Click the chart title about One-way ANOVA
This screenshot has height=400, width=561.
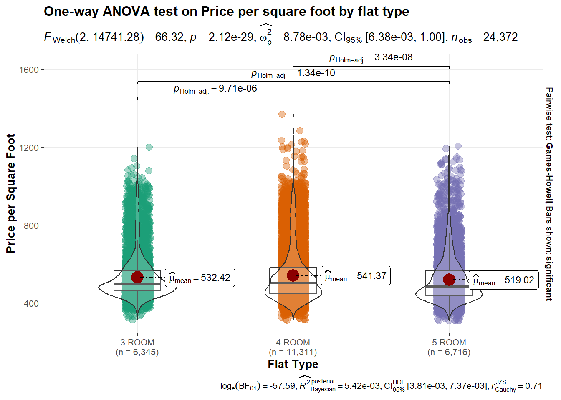pyautogui.click(x=226, y=12)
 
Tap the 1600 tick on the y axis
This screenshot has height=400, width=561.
pyautogui.click(x=29, y=70)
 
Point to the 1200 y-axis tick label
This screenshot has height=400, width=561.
pyautogui.click(x=29, y=147)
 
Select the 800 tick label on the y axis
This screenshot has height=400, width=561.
pyautogui.click(x=31, y=225)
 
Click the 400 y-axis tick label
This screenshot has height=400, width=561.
pyautogui.click(x=31, y=303)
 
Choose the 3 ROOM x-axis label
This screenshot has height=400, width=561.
pyautogui.click(x=137, y=342)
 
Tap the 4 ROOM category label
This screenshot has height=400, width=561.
pyautogui.click(x=293, y=342)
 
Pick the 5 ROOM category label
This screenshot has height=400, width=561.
pyautogui.click(x=449, y=342)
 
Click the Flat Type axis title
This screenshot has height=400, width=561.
pyautogui.click(x=293, y=364)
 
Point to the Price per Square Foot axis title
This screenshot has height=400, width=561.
pyautogui.click(x=11, y=193)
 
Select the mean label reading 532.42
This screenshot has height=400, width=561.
pyautogui.click(x=200, y=278)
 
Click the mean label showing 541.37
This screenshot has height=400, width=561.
pyautogui.click(x=356, y=276)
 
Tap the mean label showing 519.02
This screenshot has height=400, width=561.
pyautogui.click(x=504, y=280)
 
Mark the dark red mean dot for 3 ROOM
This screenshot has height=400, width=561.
pyautogui.click(x=137, y=277)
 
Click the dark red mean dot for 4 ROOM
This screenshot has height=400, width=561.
pyautogui.click(x=293, y=275)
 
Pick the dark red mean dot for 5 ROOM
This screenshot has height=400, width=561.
pyautogui.click(x=449, y=279)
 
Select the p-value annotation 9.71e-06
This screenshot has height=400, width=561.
pyautogui.click(x=215, y=89)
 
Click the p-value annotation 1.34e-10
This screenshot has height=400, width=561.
pyautogui.click(x=293, y=74)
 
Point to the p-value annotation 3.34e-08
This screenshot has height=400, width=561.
pyautogui.click(x=371, y=58)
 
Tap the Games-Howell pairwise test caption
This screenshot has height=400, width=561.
pyautogui.click(x=549, y=193)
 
